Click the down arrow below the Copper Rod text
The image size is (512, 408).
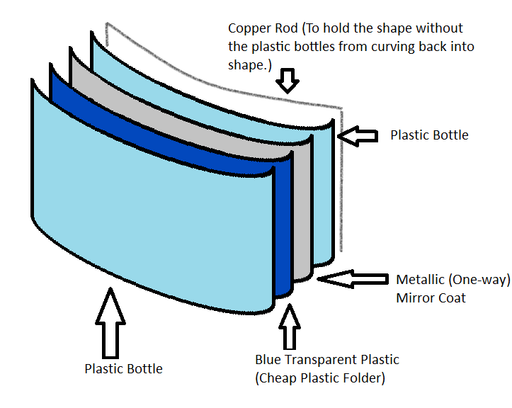(286, 80)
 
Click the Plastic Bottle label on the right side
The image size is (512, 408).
(429, 135)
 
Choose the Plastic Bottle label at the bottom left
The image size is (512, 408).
(123, 368)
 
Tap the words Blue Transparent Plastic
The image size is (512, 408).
(327, 360)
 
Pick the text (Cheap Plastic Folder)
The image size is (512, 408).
(320, 378)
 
